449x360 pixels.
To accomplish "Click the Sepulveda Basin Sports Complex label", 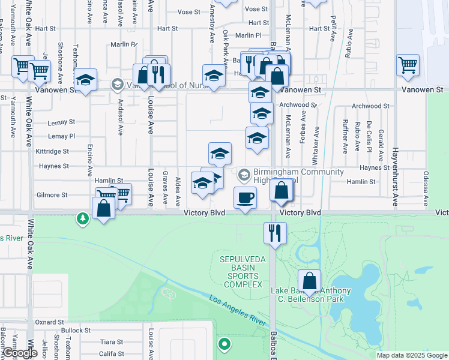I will [241, 271].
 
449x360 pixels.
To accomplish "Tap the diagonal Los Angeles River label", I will [237, 310].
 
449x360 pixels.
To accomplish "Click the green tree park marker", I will [82, 220].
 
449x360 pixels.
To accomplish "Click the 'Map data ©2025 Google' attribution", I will [412, 355].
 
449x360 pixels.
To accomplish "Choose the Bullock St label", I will [75, 330].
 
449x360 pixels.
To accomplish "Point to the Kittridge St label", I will [56, 152].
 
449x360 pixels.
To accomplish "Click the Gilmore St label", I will [52, 195].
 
